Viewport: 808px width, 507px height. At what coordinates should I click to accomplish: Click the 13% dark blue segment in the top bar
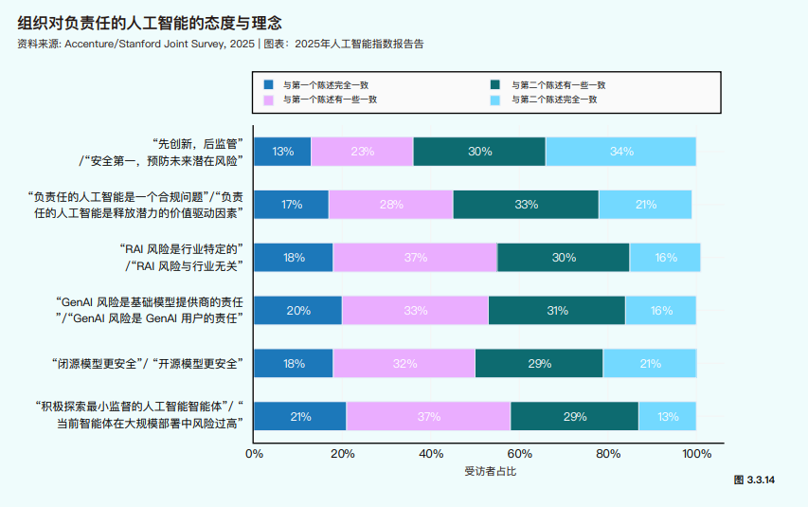point(282,152)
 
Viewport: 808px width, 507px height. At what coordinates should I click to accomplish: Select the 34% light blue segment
point(621,152)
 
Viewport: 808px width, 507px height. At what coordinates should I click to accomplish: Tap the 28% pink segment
point(390,205)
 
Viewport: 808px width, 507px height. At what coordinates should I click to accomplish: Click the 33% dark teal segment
point(526,205)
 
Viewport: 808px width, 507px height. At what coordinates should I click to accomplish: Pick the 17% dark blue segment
point(292,205)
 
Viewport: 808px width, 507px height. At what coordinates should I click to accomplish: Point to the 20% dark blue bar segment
point(297,311)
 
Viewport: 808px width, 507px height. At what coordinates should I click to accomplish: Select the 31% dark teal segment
point(557,311)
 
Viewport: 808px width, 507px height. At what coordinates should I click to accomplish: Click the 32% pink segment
point(404,364)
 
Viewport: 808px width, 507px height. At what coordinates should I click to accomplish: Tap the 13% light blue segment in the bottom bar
point(668,417)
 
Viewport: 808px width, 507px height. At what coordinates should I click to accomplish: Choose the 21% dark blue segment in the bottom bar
point(300,417)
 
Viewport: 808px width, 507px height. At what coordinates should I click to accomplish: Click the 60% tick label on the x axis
point(520,454)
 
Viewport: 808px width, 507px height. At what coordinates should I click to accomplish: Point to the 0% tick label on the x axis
point(254,454)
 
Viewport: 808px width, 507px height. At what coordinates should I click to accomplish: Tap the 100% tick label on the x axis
point(696,454)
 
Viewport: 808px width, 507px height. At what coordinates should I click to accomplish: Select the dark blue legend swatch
point(269,84)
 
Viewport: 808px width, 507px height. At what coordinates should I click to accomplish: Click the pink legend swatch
point(269,100)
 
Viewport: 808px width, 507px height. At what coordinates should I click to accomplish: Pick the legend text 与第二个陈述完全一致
point(554,100)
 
